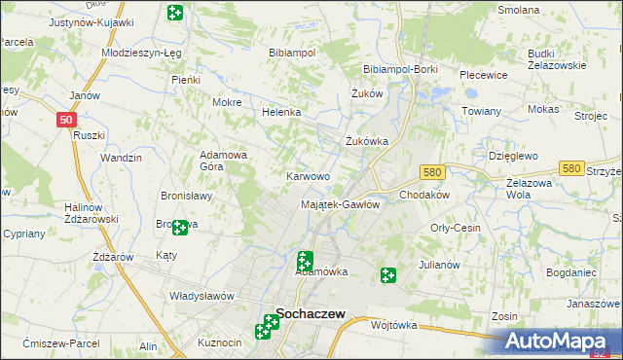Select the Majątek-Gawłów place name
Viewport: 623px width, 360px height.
click(x=340, y=204)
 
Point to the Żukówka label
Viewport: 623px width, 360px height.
click(x=367, y=140)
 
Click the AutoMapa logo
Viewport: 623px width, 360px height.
click(x=559, y=342)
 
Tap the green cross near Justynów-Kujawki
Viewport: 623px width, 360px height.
click(x=175, y=14)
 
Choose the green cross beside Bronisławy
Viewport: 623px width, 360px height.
click(x=180, y=229)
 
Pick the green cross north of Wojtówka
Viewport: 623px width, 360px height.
click(x=388, y=276)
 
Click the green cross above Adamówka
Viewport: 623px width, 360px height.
click(x=305, y=260)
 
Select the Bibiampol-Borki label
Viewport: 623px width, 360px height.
click(x=400, y=70)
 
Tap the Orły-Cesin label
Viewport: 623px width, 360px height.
click(x=456, y=228)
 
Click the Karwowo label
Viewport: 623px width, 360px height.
click(x=307, y=176)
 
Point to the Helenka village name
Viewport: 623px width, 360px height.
click(x=281, y=112)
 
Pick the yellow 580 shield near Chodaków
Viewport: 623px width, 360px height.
click(x=433, y=172)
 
